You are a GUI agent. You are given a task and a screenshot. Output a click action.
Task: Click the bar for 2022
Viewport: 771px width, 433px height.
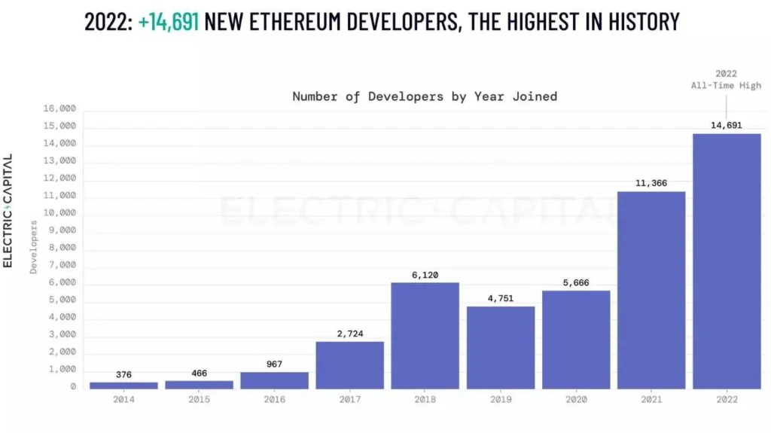(727, 261)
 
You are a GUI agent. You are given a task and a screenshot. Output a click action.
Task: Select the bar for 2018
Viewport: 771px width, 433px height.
(425, 335)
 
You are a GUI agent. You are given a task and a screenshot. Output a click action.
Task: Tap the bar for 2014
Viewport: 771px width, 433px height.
(123, 385)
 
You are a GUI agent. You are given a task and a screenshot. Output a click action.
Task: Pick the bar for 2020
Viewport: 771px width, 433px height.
(576, 339)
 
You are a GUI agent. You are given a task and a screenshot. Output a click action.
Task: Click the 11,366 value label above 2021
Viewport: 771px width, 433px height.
(651, 183)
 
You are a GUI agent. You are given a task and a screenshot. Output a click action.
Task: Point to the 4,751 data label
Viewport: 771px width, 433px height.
(501, 298)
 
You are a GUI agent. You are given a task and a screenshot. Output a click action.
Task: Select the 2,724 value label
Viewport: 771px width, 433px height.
(350, 334)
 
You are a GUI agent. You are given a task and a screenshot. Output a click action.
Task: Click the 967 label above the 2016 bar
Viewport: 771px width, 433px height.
(275, 364)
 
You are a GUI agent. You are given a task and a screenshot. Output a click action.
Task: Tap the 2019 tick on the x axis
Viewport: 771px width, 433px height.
(501, 399)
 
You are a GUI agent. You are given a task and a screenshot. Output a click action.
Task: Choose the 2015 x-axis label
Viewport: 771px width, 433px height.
(199, 399)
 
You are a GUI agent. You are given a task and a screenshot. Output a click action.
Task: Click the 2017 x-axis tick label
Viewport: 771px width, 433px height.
(350, 399)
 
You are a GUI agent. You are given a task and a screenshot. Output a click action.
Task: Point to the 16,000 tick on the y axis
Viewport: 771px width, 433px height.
(59, 109)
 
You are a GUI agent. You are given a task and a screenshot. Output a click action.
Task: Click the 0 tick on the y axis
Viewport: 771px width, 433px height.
(73, 387)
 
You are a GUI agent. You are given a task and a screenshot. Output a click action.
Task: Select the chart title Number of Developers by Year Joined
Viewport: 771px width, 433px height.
(425, 96)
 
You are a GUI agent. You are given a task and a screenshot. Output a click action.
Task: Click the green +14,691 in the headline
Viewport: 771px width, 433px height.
(169, 21)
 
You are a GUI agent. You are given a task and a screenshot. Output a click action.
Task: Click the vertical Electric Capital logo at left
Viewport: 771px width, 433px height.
(8, 211)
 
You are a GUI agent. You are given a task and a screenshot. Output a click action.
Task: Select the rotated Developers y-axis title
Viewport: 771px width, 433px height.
(33, 247)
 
